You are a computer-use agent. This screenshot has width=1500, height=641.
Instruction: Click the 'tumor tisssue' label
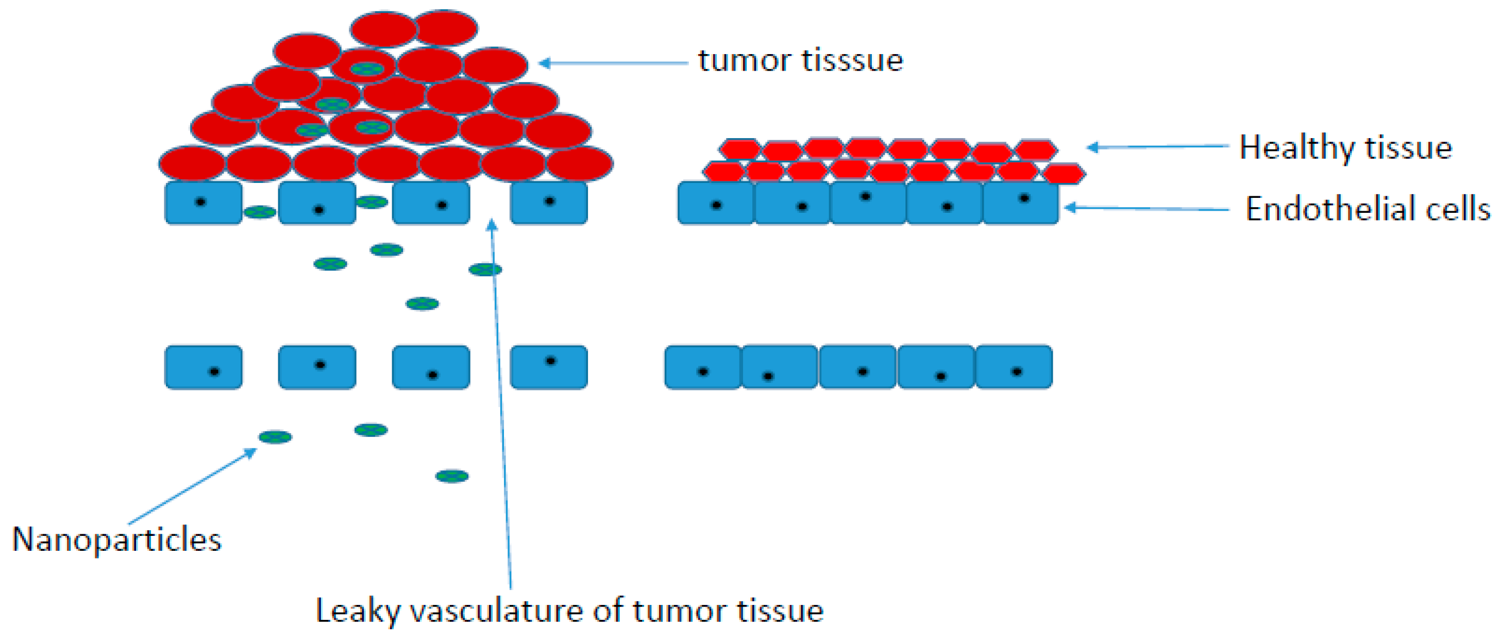point(801,61)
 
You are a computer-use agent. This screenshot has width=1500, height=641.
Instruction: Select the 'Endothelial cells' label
point(1368,208)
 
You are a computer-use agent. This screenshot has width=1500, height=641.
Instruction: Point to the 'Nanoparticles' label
point(116,539)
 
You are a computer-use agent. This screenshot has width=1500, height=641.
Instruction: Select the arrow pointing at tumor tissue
point(613,63)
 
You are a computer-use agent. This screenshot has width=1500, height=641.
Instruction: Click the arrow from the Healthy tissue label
point(1158,147)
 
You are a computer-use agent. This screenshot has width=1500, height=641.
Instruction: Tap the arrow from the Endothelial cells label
point(1147,208)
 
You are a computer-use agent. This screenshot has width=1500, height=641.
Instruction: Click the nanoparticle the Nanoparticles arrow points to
point(276,436)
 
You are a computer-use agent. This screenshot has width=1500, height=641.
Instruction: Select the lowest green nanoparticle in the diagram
point(452,476)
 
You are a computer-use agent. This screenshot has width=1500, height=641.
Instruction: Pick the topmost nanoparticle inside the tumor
point(367,69)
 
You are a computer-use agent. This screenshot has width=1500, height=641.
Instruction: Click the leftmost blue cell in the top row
point(203,203)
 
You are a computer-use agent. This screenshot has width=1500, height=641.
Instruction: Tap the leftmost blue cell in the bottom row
point(203,367)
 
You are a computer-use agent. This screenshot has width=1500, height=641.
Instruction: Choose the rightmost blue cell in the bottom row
point(1014,367)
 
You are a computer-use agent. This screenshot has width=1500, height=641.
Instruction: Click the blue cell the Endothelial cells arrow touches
point(1021,203)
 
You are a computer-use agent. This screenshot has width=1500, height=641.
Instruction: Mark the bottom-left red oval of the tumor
point(193,163)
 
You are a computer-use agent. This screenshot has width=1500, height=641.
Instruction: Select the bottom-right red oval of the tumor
point(579,163)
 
